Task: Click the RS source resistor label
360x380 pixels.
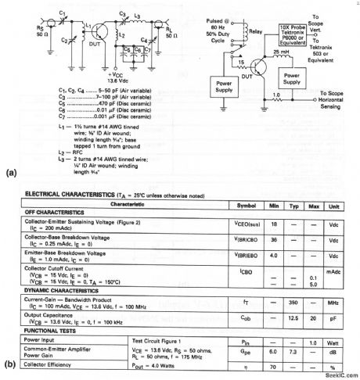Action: click(x=27, y=40)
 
